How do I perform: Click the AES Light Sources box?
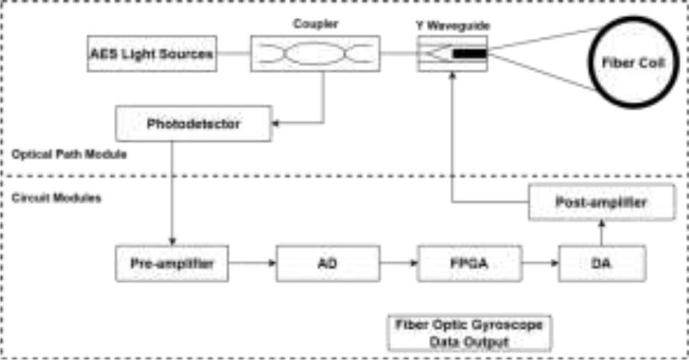(152, 54)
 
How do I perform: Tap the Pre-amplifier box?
(171, 264)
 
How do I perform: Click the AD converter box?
(328, 264)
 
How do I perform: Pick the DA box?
(599, 264)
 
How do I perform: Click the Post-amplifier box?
(601, 203)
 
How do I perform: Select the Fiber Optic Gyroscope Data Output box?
(469, 334)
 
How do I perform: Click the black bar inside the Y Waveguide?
(469, 54)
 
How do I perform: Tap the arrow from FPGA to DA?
(539, 264)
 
